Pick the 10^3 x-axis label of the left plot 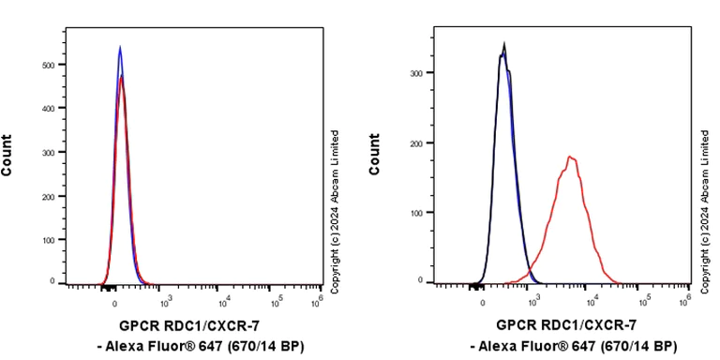pos(166,301)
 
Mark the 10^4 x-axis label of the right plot pos(591,301)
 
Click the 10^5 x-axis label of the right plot pos(644,301)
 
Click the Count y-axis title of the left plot pos(8,156)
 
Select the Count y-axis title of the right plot pos(375,156)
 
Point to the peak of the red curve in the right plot pos(570,157)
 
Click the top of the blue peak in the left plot pos(120,46)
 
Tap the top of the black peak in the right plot pos(504,43)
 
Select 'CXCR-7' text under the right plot pos(612,325)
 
